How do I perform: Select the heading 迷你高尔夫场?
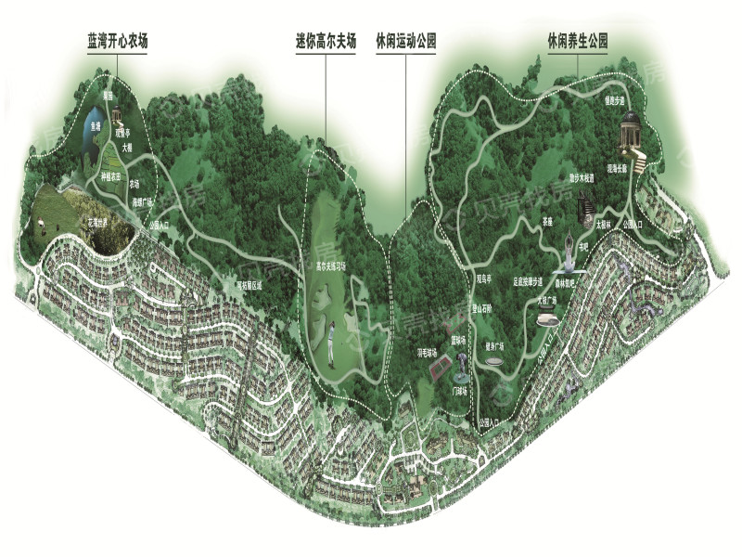tap(326, 41)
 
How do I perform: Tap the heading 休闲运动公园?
tap(405, 41)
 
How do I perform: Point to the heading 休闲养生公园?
tap(577, 41)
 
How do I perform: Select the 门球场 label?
tap(458, 391)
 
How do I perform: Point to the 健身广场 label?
tap(493, 345)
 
